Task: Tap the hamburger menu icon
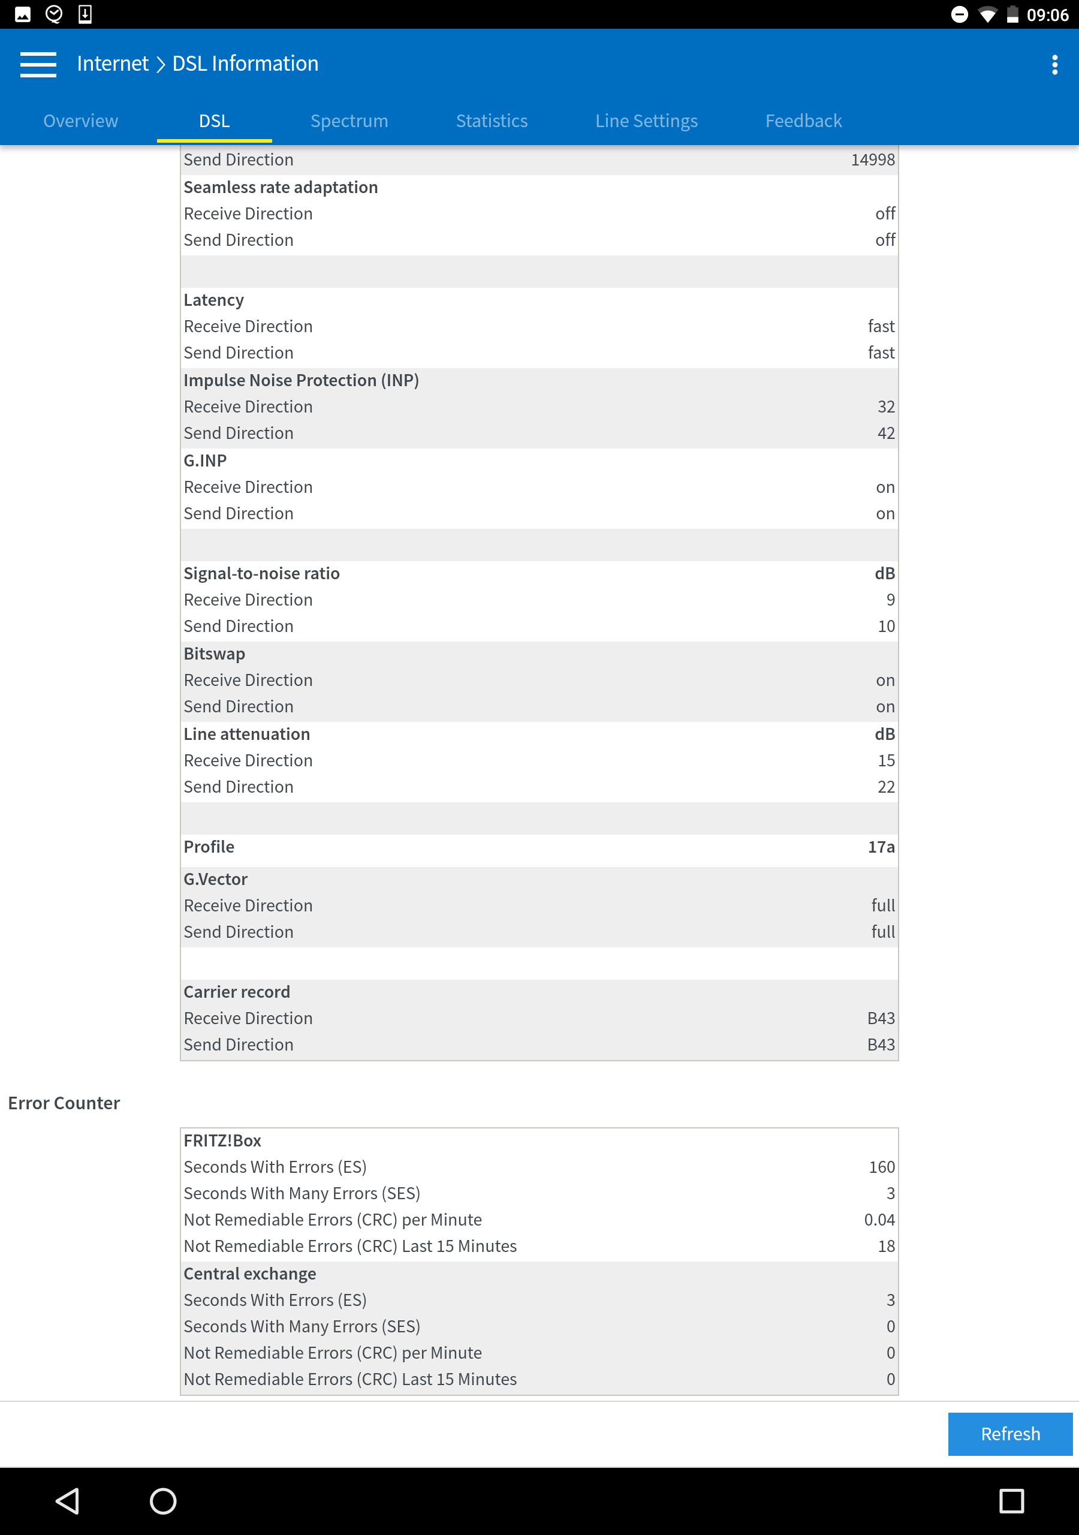click(x=38, y=65)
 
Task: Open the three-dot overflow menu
click(x=1054, y=65)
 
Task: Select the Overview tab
click(x=81, y=121)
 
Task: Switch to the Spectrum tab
click(x=349, y=121)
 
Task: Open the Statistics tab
click(x=492, y=121)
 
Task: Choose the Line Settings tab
click(x=646, y=121)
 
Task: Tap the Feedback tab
click(x=803, y=121)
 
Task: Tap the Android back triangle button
click(x=68, y=1501)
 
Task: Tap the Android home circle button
click(x=163, y=1501)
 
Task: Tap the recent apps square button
click(x=1011, y=1501)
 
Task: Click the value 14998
click(x=872, y=159)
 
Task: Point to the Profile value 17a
click(x=881, y=847)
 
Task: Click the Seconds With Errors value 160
click(x=881, y=1167)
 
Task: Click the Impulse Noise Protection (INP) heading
click(x=302, y=380)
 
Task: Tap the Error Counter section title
click(x=64, y=1103)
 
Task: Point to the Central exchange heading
click(x=250, y=1274)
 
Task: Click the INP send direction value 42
click(x=886, y=434)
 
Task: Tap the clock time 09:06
click(x=1047, y=15)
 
